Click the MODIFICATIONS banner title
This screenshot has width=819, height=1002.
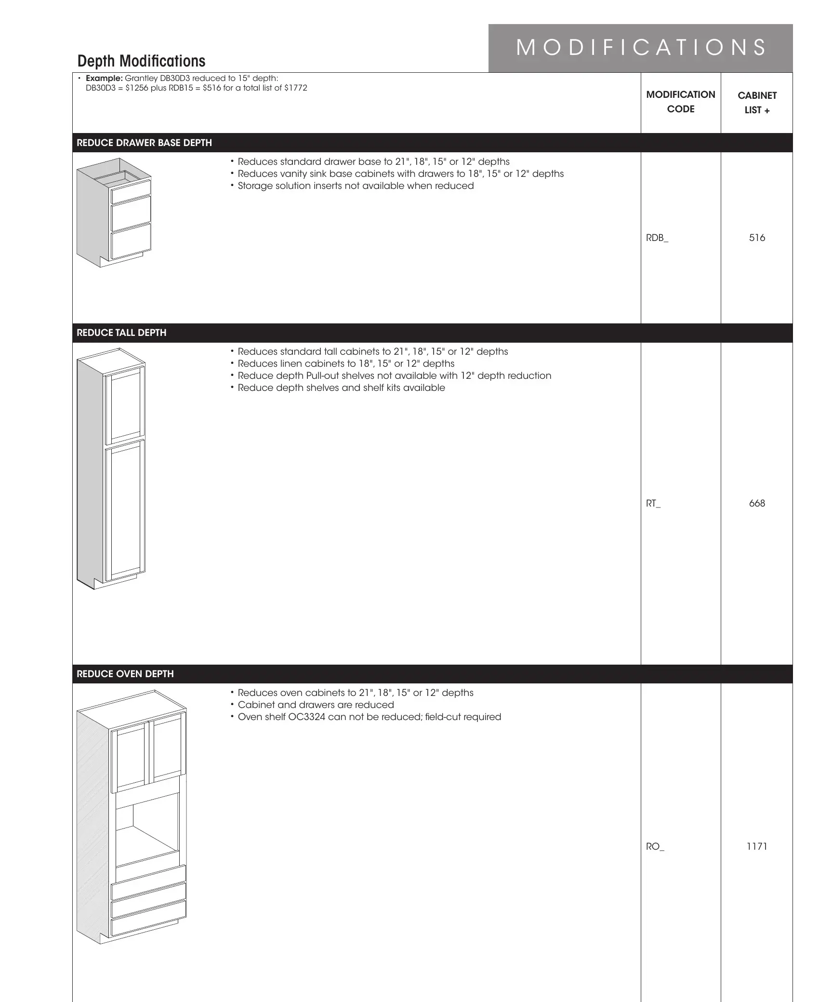pos(641,48)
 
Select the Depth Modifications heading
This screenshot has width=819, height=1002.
pos(141,61)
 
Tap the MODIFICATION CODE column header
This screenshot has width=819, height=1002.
pos(680,102)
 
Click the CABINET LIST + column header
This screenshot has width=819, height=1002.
pos(757,103)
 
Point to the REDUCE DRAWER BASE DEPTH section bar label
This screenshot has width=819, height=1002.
pos(144,143)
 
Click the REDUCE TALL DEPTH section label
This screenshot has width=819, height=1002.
pos(121,333)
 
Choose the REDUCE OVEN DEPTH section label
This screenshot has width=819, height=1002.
pos(125,674)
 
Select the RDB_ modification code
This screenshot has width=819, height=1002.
pos(657,238)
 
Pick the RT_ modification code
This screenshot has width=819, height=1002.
pos(653,503)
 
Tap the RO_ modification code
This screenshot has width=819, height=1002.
pos(655,846)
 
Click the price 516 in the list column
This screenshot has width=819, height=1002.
pos(757,238)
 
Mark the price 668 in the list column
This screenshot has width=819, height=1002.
pos(757,503)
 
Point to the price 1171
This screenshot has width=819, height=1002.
pos(757,846)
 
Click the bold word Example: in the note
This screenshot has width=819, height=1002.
pos(104,79)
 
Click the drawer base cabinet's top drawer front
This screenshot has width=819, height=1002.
pos(131,191)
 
